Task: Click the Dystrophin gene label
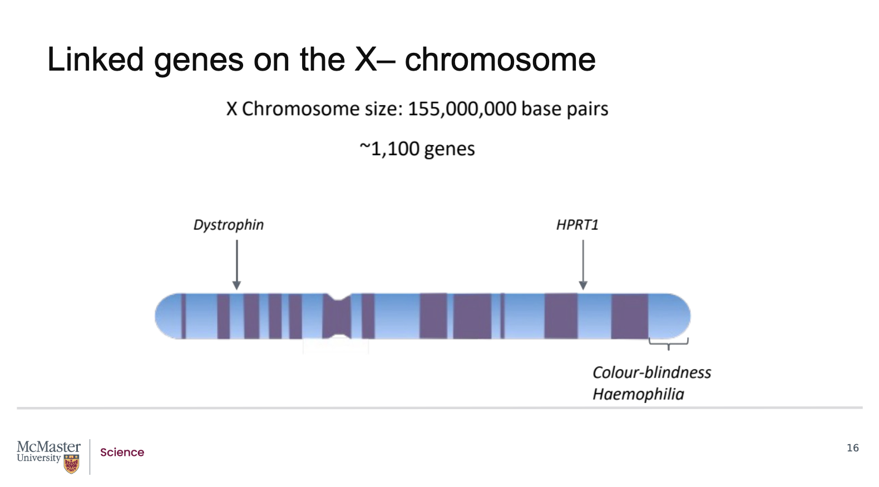point(228,225)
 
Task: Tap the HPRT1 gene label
point(577,225)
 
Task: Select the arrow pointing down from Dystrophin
point(236,265)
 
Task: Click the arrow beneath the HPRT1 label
point(583,265)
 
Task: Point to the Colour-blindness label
point(651,372)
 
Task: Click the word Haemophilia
point(638,394)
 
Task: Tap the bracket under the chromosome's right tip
point(669,343)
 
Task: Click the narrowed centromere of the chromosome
point(337,316)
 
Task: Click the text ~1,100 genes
point(417,149)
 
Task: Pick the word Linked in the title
point(95,59)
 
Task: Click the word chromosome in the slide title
point(500,59)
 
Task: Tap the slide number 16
point(852,448)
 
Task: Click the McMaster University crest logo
point(71,464)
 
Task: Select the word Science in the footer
point(122,453)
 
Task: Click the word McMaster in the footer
point(48,447)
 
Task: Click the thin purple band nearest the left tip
point(184,316)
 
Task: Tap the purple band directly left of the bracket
point(629,316)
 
